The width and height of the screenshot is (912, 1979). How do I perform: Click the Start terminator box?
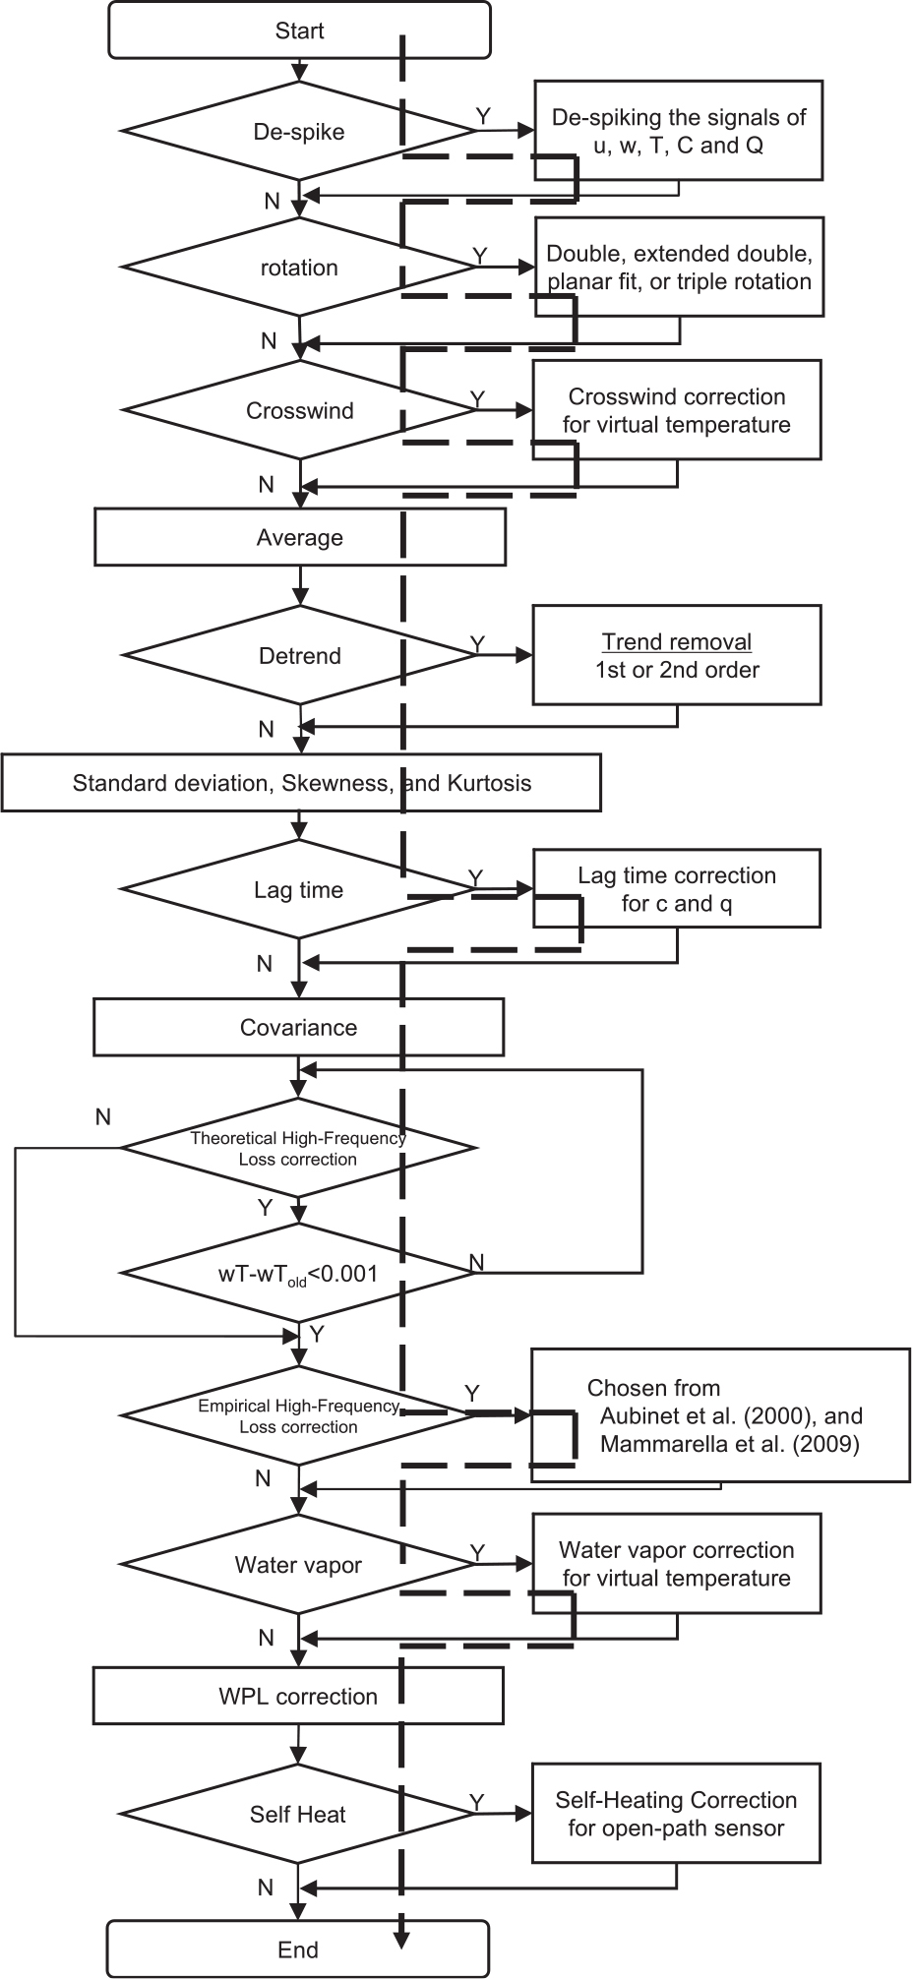(299, 30)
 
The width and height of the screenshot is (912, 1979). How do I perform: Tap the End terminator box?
(298, 1949)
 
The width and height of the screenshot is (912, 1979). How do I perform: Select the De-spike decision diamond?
(299, 131)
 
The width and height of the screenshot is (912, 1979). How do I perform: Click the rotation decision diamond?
(299, 268)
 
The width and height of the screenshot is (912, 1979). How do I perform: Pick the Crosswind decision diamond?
(299, 410)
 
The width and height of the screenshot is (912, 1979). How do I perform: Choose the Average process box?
(300, 537)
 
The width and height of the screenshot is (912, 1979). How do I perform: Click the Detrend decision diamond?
(299, 655)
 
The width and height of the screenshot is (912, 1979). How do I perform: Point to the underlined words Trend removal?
(677, 642)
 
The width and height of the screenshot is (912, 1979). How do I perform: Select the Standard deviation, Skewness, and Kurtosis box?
(301, 783)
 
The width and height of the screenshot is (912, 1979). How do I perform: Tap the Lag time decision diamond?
(299, 889)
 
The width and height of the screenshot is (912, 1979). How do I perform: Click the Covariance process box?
(299, 1027)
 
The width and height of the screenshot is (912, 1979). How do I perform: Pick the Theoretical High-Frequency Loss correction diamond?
(299, 1147)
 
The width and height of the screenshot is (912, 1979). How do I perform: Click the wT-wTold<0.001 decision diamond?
(299, 1273)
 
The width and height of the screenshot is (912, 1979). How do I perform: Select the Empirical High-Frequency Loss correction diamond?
(299, 1415)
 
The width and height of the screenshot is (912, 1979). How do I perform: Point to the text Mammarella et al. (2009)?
(730, 1445)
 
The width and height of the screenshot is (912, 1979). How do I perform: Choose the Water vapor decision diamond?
(299, 1565)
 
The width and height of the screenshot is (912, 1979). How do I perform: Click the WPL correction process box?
(299, 1696)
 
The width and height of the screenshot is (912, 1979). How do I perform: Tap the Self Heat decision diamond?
(299, 1815)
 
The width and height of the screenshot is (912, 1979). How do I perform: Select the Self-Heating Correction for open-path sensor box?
(677, 1813)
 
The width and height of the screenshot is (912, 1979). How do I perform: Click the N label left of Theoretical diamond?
(103, 1117)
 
